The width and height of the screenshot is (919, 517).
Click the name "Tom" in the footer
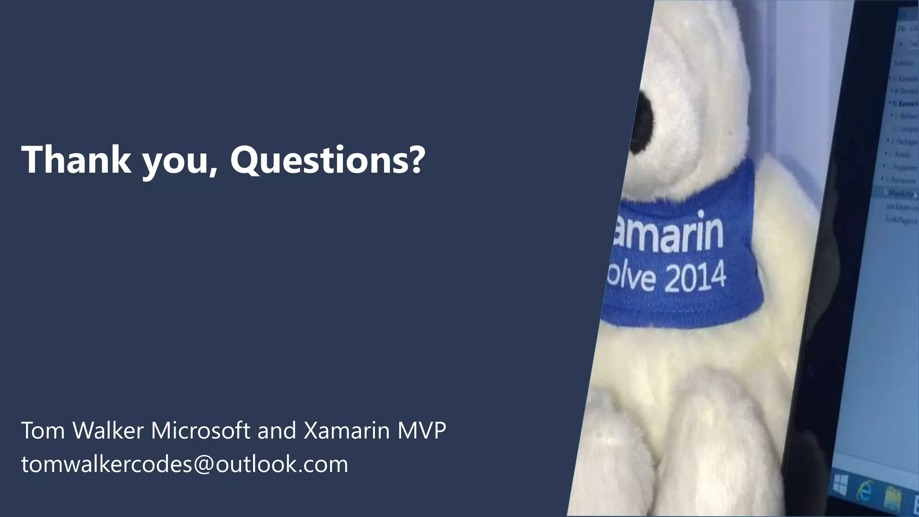point(44,431)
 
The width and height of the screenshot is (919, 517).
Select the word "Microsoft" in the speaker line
point(200,431)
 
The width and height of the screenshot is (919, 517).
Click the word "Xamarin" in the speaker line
point(346,431)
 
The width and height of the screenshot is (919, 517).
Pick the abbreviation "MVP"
point(421,431)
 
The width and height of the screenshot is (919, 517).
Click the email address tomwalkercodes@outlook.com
point(184,464)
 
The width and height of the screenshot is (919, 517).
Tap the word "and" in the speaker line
point(277,431)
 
